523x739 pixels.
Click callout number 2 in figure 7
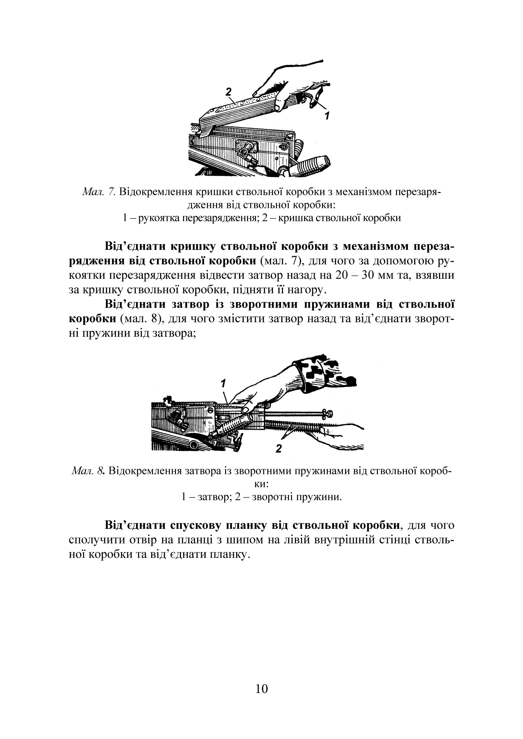tap(228, 92)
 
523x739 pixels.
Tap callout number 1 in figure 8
tap(223, 383)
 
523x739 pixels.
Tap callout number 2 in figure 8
tap(279, 448)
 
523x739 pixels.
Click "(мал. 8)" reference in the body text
tap(142, 319)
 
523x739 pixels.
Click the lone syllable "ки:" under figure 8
tap(261, 484)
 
